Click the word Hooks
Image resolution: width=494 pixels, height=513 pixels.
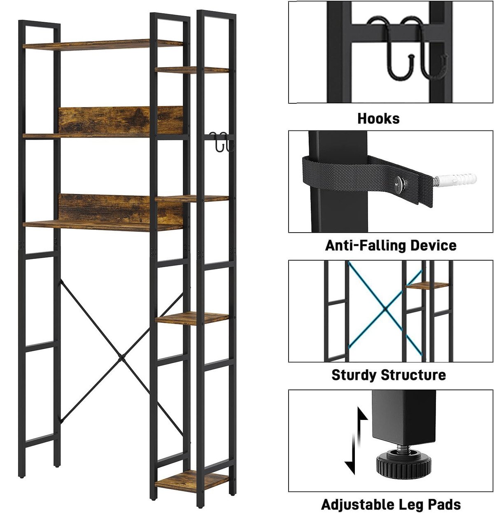pyautogui.click(x=378, y=119)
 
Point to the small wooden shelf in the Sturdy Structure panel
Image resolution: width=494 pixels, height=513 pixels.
pyautogui.click(x=427, y=285)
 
